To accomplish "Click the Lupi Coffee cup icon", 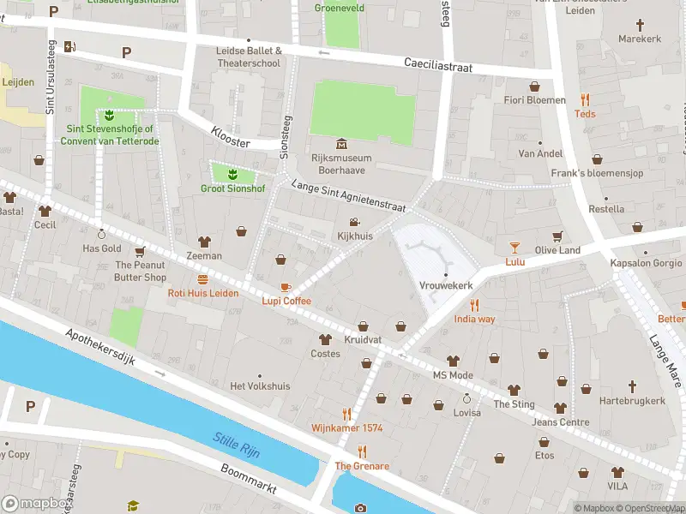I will point(286,287).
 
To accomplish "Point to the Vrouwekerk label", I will point(446,285).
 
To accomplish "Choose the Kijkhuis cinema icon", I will point(354,222).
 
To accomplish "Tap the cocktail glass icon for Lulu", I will point(514,247).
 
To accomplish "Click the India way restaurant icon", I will point(474,305).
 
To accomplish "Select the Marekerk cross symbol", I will point(640,24).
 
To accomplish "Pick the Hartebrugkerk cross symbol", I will point(633,386).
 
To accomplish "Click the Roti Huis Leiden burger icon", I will point(203,279).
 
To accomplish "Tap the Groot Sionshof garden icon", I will point(232,175).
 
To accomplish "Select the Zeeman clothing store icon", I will point(204,242).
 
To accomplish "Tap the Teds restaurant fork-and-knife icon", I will point(585,99).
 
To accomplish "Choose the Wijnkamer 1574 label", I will point(346,427).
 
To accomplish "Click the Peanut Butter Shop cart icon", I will point(141,252).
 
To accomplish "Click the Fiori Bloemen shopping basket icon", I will point(535,87).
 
